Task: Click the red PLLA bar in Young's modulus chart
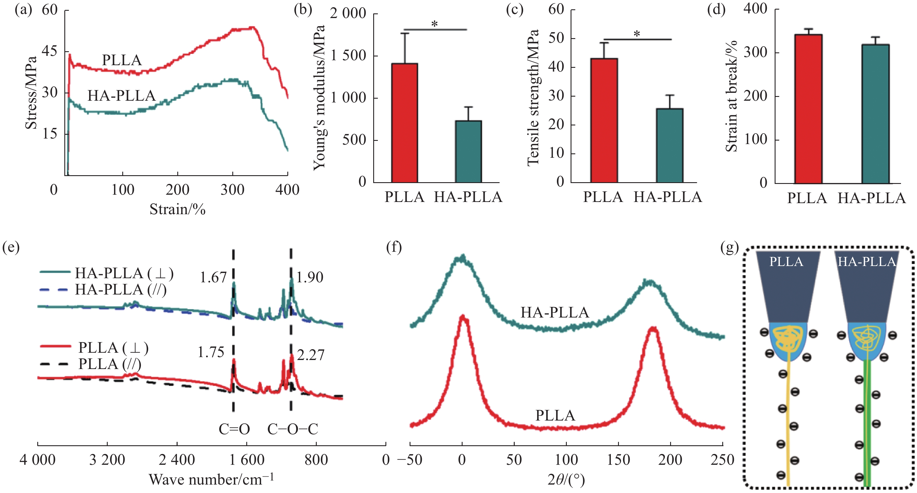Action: point(404,123)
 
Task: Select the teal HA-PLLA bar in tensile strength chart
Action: point(670,146)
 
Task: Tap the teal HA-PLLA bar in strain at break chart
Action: point(875,114)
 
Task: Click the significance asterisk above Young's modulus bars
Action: point(434,24)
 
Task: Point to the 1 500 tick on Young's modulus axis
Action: point(348,56)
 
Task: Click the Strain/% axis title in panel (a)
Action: point(177,209)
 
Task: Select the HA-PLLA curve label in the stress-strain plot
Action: point(121,96)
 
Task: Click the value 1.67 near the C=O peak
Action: point(213,278)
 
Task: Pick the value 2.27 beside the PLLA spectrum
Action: point(311,355)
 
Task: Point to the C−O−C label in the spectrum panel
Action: point(293,429)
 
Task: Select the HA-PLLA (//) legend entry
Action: point(120,290)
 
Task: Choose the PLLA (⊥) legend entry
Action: point(113,347)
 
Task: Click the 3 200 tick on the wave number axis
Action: point(107,460)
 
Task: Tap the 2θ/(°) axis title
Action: point(566,480)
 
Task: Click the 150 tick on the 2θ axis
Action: point(618,460)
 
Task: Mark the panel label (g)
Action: point(730,247)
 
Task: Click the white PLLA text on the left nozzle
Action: point(786,262)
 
